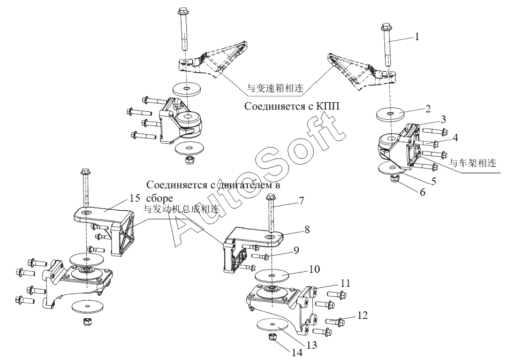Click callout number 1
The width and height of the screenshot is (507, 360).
pos(417,37)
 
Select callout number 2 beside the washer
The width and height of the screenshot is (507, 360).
pos(428,109)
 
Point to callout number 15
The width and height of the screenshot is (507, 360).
pos(134,198)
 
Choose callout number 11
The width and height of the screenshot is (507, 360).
pos(345,283)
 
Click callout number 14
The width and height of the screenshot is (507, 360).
pos(297,353)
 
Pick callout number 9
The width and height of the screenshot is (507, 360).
pos(296,250)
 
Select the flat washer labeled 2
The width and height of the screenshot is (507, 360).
pos(391,114)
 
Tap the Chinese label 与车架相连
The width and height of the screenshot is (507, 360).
pos(473,163)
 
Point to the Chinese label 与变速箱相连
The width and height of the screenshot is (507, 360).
pos(275,88)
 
